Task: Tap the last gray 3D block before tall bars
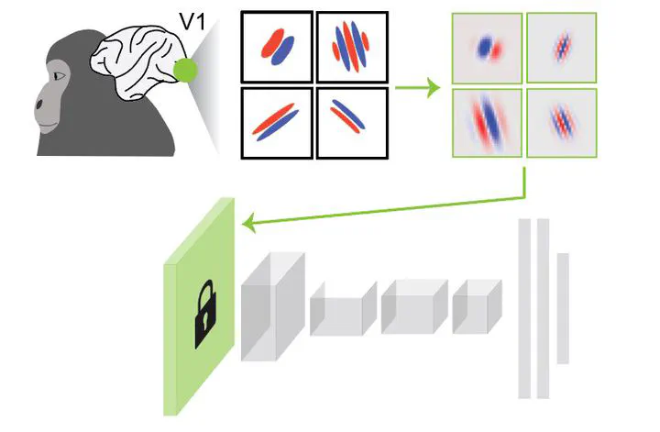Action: coord(478,306)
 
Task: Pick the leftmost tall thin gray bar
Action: coord(524,308)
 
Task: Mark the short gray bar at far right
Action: coord(563,307)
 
